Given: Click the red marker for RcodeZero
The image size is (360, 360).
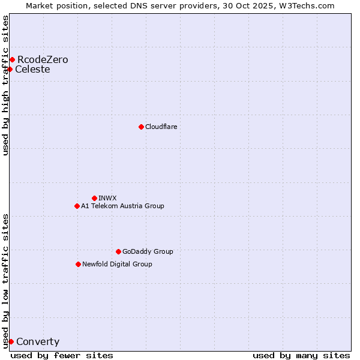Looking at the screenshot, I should point(12,59).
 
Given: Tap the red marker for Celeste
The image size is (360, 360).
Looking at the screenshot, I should point(10,69).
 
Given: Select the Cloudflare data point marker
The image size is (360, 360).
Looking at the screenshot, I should point(141,127).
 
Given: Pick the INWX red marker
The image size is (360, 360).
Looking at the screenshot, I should point(94,198).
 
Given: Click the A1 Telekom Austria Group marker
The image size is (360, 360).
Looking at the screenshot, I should point(77,206).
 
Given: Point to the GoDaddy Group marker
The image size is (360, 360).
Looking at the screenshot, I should point(118,251).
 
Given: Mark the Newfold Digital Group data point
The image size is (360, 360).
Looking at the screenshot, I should point(78,264).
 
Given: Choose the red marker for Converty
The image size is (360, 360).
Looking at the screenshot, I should point(11,341).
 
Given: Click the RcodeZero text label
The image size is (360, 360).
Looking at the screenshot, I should point(43,59).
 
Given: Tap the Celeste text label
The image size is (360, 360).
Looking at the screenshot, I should point(32,69).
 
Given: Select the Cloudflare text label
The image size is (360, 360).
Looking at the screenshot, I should point(161,127).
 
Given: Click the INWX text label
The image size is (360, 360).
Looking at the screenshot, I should point(107,198).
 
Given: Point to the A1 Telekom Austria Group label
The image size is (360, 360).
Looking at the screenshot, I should point(122,206).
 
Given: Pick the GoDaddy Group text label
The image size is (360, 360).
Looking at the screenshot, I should point(148,251).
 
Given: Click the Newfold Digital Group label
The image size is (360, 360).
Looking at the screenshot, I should point(117,264).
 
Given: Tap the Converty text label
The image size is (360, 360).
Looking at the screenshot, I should point(38,342).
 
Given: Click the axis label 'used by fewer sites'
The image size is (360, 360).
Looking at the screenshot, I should point(62,355).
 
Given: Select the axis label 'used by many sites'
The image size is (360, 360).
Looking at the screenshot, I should point(301,355).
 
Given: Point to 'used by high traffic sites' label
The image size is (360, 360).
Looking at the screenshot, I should point(5,85).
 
